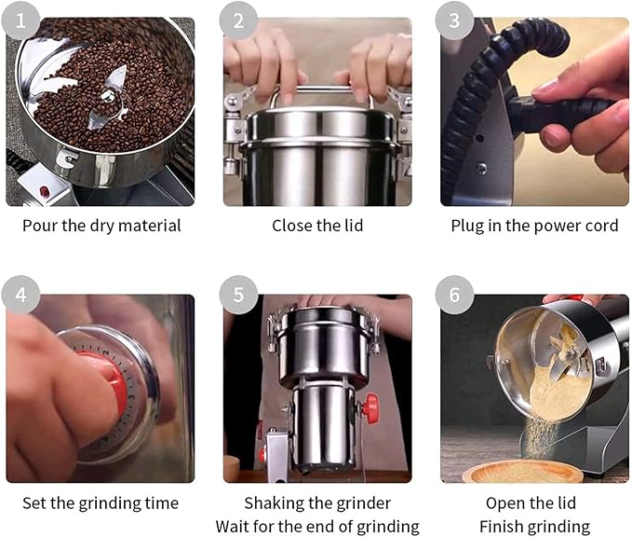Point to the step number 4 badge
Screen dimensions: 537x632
tap(20, 296)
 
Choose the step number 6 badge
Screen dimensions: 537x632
tap(455, 296)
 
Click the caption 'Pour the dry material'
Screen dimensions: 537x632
tap(101, 226)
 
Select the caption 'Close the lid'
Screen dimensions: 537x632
tap(317, 226)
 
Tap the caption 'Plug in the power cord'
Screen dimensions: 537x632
tap(534, 226)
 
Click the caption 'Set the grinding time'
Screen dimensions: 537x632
tap(101, 503)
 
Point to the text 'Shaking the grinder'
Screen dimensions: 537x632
tap(317, 503)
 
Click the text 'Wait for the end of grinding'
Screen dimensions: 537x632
tap(317, 527)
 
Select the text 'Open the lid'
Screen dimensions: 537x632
tap(534, 503)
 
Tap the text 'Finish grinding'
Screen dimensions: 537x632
tap(534, 527)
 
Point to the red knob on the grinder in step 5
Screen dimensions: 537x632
tap(371, 407)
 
